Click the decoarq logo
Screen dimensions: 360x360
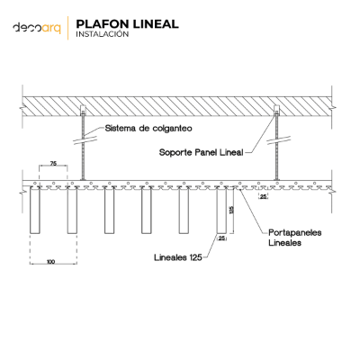coord(37,28)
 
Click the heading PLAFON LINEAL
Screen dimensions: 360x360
coord(127,24)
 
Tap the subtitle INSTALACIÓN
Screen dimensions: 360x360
coord(103,34)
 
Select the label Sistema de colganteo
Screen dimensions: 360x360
coord(148,129)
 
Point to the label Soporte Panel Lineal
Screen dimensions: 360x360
coord(201,152)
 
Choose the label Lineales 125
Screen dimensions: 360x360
coord(178,257)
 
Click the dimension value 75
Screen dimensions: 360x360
coord(53,164)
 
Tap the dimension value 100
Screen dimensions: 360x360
coord(51,262)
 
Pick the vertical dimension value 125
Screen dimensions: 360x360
coord(231,210)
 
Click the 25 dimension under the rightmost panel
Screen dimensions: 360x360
coord(221,238)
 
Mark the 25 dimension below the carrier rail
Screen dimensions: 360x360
coord(263,197)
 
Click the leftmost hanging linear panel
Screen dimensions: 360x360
coord(34,210)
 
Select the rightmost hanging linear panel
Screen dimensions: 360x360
coord(221,210)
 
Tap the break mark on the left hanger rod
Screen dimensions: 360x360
coord(85,140)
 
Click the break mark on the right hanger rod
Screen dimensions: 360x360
coord(279,139)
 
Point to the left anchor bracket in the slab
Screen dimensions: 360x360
coord(83,111)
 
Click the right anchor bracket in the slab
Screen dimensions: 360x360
coord(276,111)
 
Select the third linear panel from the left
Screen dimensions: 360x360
coord(109,210)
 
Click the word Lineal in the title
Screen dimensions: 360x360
coord(156,24)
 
